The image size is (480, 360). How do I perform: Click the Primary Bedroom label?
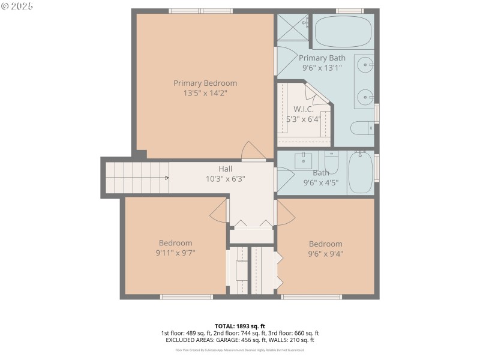(205, 83)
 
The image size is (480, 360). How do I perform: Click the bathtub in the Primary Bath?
(343, 32)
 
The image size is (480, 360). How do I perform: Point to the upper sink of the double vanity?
(364, 64)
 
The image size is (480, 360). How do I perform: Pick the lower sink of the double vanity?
(364, 96)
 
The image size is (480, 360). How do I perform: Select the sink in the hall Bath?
(303, 161)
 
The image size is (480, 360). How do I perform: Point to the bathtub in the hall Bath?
(361, 172)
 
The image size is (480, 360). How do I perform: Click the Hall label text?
(225, 169)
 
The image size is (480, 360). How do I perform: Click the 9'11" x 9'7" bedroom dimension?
(175, 253)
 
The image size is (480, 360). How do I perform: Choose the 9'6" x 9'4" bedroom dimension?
(325, 253)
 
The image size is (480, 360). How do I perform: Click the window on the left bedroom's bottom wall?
(186, 296)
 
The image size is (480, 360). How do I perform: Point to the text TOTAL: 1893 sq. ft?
(239, 326)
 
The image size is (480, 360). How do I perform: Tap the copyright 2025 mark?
(17, 5)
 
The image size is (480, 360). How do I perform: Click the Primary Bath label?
(322, 58)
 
